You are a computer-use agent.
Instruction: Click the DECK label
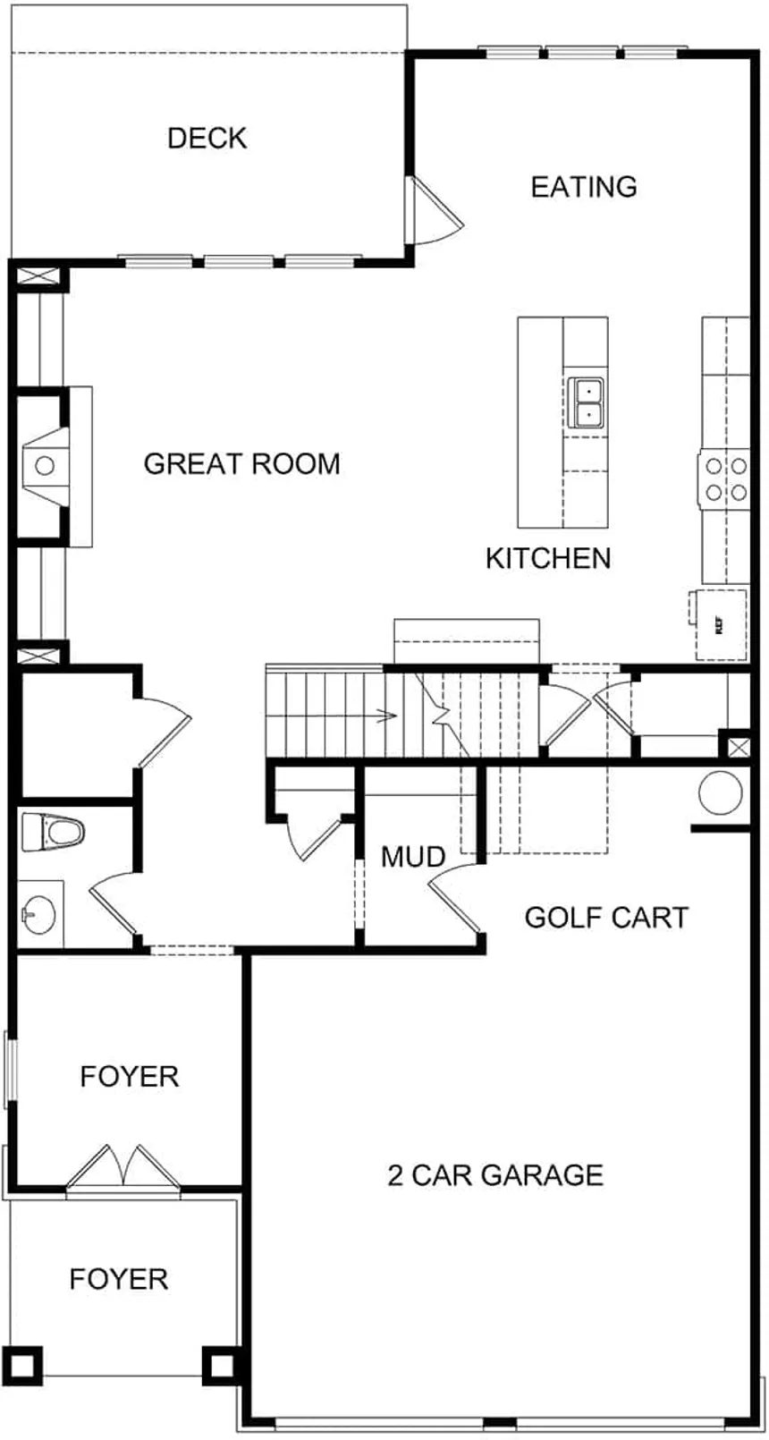[x=207, y=138]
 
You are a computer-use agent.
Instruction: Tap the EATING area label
[x=584, y=186]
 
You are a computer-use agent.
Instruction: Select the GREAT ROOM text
[x=241, y=463]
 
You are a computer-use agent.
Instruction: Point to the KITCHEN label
[x=548, y=558]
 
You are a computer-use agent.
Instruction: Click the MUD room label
[x=413, y=857]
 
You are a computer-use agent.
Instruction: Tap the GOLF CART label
[x=606, y=917]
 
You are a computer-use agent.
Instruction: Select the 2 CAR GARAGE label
[x=495, y=1174]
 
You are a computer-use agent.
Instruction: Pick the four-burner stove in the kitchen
[x=725, y=479]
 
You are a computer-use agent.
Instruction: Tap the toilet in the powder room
[x=52, y=833]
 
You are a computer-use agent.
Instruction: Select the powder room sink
[x=38, y=913]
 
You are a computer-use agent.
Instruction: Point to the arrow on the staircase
[x=385, y=715]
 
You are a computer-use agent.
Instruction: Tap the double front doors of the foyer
[x=123, y=1167]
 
